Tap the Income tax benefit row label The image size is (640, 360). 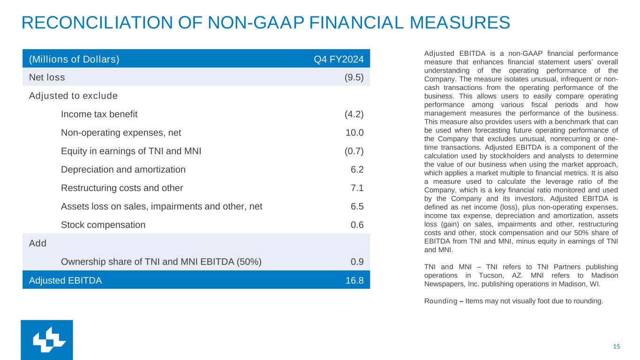(x=99, y=114)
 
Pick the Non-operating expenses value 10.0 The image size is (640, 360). (x=354, y=133)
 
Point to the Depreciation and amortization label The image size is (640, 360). (x=123, y=170)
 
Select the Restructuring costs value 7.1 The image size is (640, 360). (x=357, y=188)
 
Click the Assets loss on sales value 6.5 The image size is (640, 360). (x=357, y=206)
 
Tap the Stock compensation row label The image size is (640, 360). (x=103, y=225)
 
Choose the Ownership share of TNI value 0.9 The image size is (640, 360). (x=357, y=262)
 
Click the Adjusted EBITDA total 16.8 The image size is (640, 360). (x=354, y=280)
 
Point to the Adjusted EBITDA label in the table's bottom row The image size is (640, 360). (x=65, y=280)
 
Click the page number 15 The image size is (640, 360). (x=616, y=347)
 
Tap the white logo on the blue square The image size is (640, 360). (x=47, y=340)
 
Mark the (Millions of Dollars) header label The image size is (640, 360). (x=74, y=60)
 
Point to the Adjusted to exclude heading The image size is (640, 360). (x=73, y=96)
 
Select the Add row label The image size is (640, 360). (x=38, y=243)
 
